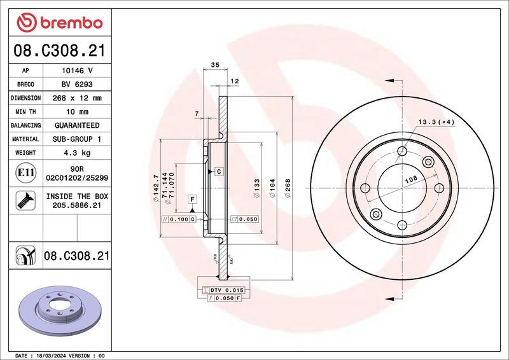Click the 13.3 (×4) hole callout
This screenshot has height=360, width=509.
tap(436, 121)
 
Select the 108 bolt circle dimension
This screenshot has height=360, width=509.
tap(412, 181)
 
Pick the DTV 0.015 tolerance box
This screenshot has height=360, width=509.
tap(225, 290)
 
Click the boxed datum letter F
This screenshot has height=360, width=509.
tap(191, 200)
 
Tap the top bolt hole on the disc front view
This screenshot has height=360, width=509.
tap(401, 151)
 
